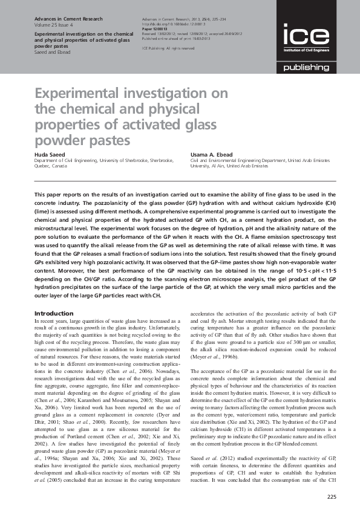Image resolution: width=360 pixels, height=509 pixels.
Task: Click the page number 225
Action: (x=330, y=497)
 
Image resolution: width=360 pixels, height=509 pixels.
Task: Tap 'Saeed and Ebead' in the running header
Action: (x=53, y=52)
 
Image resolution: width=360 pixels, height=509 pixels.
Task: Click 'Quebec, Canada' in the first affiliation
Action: (x=51, y=166)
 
